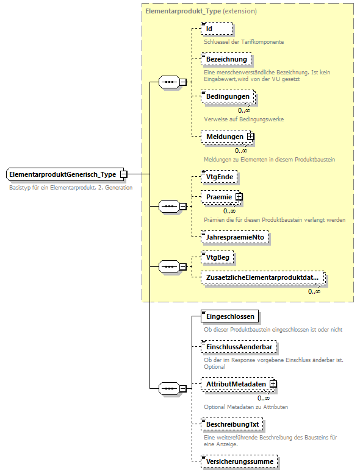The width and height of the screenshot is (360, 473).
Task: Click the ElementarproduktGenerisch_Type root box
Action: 63,174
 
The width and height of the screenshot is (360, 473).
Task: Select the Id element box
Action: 217,29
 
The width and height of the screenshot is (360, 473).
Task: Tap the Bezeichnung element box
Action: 226,60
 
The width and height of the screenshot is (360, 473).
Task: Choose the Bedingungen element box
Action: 228,98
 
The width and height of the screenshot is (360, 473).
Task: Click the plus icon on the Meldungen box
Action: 250,137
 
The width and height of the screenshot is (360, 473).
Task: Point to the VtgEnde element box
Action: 219,177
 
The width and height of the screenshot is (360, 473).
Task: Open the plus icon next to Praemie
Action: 239,197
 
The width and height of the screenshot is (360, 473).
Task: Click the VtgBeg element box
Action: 217,258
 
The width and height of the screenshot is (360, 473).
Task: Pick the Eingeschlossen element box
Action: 229,316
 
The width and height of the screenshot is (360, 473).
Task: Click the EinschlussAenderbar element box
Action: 239,347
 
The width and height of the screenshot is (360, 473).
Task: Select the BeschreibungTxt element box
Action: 233,423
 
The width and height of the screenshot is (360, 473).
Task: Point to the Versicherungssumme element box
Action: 239,461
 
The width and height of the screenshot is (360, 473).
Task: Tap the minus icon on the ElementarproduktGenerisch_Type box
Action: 123,174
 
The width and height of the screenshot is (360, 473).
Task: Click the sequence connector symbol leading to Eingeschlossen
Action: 168,388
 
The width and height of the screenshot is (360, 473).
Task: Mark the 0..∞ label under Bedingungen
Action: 244,110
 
